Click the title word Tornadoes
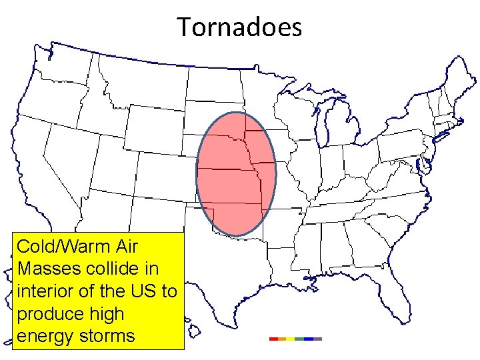(x=239, y=27)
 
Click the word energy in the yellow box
(x=45, y=336)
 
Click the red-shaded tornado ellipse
(x=235, y=173)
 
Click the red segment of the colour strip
(x=273, y=339)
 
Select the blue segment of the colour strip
(x=308, y=339)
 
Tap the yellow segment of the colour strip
(x=291, y=339)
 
